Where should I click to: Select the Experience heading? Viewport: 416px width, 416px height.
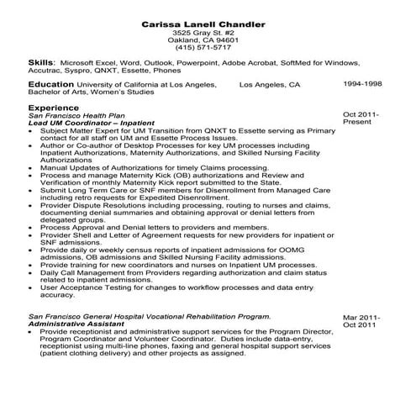(53, 108)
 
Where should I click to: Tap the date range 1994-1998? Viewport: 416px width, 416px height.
(362, 85)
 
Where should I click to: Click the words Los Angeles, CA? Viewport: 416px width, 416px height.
(269, 85)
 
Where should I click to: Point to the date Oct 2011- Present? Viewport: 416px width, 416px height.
(362, 118)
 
